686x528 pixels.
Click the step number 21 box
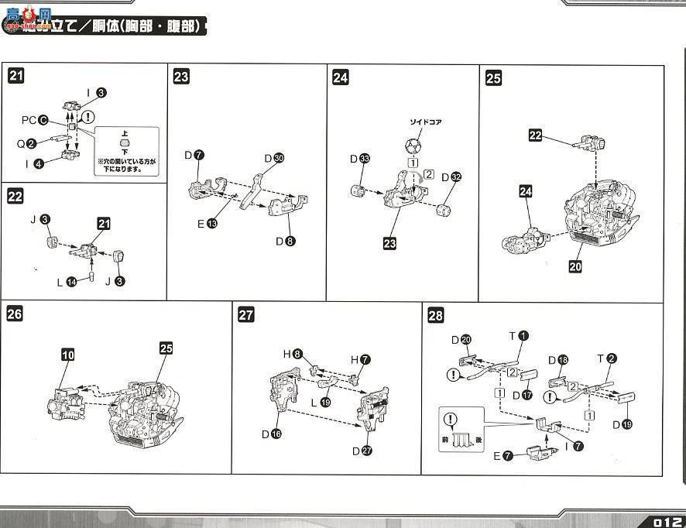pyautogui.click(x=16, y=76)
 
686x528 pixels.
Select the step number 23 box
pyautogui.click(x=181, y=77)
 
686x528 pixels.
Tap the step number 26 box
pyautogui.click(x=15, y=314)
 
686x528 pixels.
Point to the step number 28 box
pyautogui.click(x=436, y=315)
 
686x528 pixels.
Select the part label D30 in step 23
pyautogui.click(x=274, y=158)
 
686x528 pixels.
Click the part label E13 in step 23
pyautogui.click(x=206, y=224)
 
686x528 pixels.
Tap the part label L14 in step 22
pyautogui.click(x=66, y=283)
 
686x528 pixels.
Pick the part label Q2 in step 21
pyautogui.click(x=28, y=143)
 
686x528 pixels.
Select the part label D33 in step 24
pyautogui.click(x=359, y=159)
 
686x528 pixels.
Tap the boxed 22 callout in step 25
pyautogui.click(x=536, y=135)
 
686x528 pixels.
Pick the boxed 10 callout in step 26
pyautogui.click(x=68, y=354)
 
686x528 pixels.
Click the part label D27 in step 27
pyautogui.click(x=362, y=451)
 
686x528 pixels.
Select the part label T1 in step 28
pyautogui.click(x=519, y=335)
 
